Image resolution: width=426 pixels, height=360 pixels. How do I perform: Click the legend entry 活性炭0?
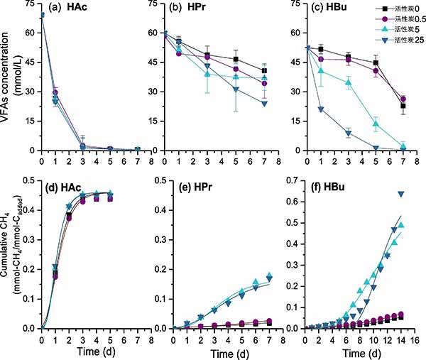400,7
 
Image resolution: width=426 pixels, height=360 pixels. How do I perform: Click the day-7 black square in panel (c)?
403,106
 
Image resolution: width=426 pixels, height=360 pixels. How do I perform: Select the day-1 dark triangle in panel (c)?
322,109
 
